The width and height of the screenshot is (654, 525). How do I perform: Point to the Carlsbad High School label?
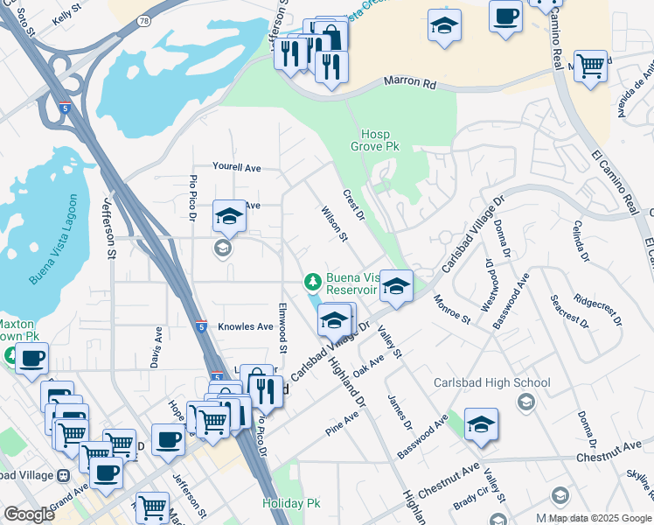(492, 382)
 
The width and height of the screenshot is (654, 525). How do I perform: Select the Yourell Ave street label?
(237, 167)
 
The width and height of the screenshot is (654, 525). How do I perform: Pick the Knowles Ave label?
(246, 326)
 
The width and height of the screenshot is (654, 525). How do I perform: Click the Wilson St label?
(334, 224)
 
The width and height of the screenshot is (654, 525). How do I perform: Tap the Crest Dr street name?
(353, 205)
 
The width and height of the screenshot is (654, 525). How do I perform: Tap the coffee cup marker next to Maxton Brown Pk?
(32, 357)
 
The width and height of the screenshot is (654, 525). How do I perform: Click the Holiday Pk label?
(291, 504)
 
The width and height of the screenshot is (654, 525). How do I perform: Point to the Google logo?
(29, 514)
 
